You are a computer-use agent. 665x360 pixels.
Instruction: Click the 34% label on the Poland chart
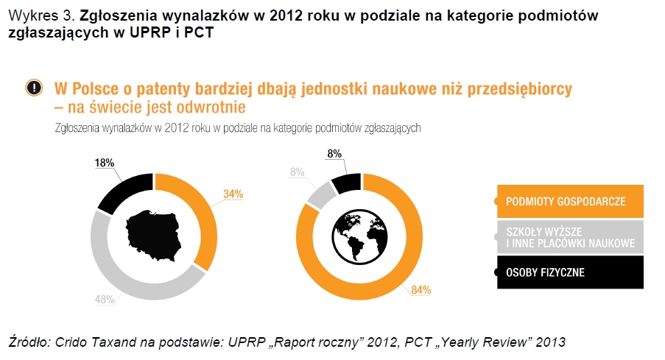tap(233, 194)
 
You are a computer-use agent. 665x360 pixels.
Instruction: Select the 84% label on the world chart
tap(421, 290)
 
